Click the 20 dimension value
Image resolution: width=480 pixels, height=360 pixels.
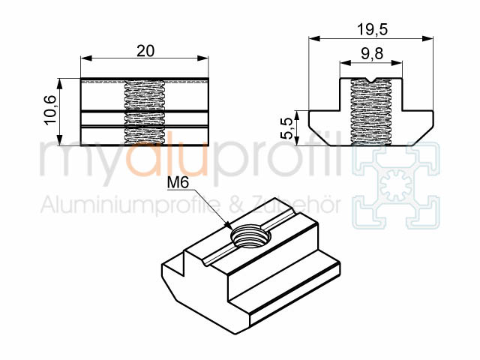tap(145, 51)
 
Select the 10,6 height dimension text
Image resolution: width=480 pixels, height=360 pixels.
tap(50, 109)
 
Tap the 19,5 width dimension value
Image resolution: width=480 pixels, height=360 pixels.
tap(372, 30)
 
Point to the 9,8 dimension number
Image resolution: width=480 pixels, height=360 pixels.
tap(372, 53)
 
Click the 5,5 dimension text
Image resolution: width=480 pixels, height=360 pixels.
tap(288, 128)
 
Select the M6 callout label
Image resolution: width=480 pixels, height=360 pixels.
tap(178, 183)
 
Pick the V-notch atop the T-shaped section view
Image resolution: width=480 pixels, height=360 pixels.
tap(372, 79)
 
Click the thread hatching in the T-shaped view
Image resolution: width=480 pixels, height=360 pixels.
tap(371, 112)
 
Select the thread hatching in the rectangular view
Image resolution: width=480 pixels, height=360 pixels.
tap(145, 112)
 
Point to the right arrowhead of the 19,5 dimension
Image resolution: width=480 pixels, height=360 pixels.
tap(428, 38)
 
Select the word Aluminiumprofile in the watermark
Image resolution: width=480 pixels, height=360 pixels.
tap(130, 205)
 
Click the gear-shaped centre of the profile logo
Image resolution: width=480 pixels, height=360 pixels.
tap(396, 185)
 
